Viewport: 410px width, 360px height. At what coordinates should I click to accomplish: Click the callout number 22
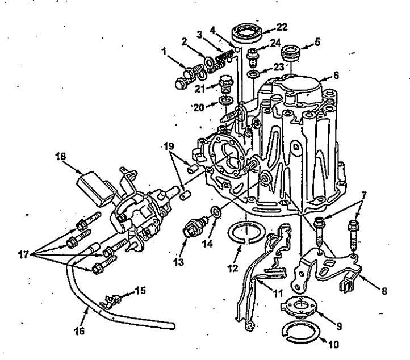click(281, 27)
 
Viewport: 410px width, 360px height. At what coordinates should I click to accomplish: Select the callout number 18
click(61, 156)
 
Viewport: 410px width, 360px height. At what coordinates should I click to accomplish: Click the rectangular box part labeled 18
click(95, 188)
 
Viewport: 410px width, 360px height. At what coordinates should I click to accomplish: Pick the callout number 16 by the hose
click(80, 330)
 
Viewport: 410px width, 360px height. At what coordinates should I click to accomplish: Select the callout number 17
click(23, 254)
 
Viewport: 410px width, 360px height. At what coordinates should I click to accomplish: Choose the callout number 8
click(384, 291)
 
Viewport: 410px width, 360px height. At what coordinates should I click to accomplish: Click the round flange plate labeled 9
click(299, 307)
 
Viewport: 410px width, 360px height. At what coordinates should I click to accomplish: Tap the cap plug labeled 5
click(290, 53)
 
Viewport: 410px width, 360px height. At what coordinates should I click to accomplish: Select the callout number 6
click(336, 76)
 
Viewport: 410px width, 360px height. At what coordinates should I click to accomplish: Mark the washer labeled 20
click(225, 101)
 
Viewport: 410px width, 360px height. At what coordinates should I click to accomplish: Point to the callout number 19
click(169, 145)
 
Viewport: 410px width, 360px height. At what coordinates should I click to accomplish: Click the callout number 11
click(278, 293)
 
